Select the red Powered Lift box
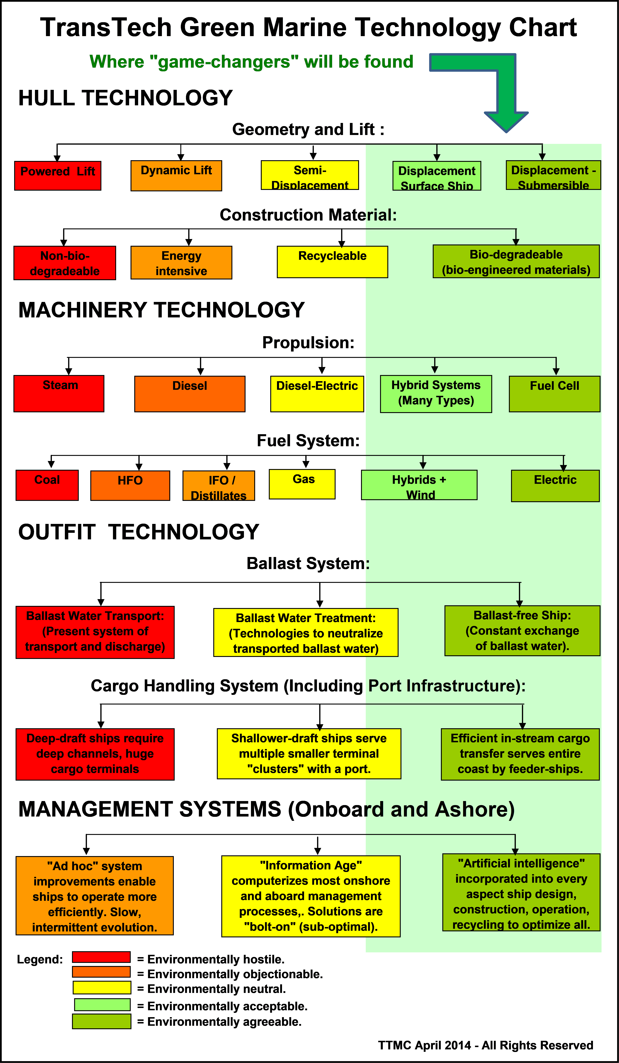58,176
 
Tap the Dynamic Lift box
176,176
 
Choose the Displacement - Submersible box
553,175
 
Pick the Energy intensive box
181,262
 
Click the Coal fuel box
47,485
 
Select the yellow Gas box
302,484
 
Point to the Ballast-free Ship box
523,631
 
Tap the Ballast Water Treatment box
306,632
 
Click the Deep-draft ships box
95,754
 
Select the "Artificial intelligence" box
521,892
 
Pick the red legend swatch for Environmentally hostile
101,957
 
